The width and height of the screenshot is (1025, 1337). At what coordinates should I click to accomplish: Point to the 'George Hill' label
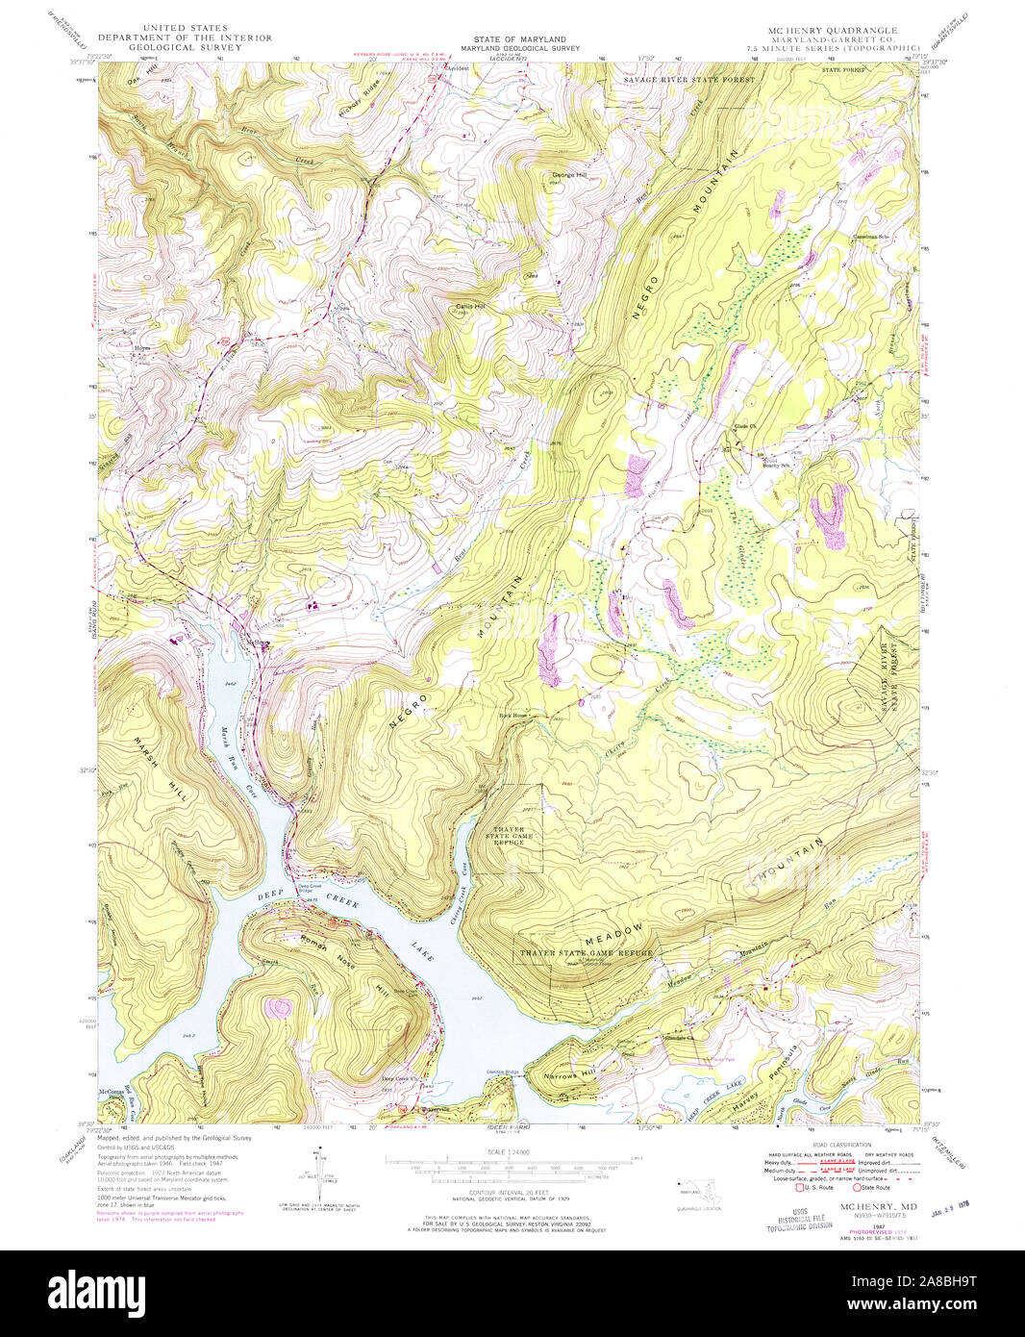click(x=567, y=175)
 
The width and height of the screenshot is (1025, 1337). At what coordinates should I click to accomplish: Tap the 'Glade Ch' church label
click(x=744, y=425)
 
